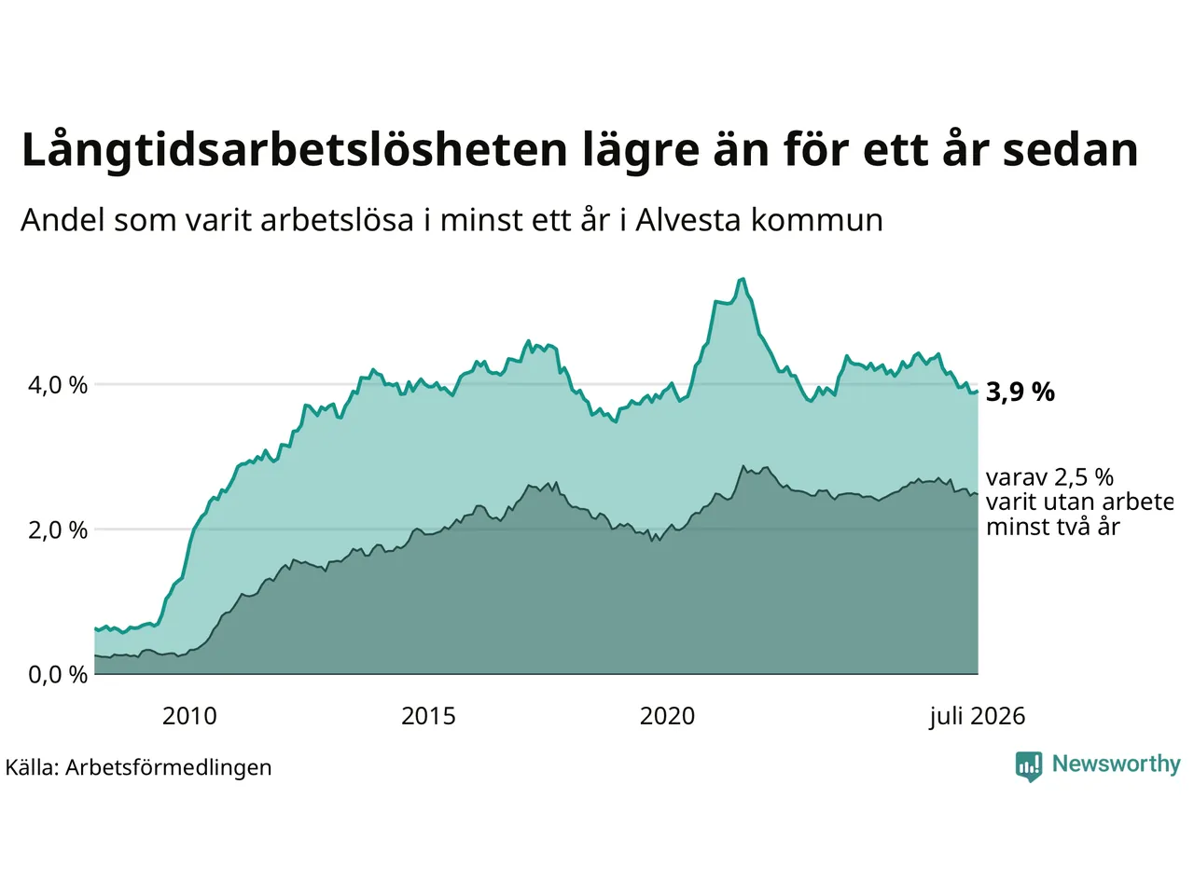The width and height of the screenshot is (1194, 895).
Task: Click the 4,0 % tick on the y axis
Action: pyautogui.click(x=58, y=385)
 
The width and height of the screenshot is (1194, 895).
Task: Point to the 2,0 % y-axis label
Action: pyautogui.click(x=58, y=530)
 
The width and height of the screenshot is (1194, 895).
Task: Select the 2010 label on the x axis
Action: pyautogui.click(x=189, y=716)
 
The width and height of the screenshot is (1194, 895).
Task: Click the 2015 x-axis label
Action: pyautogui.click(x=428, y=716)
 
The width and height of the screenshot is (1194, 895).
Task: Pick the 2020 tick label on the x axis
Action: pyautogui.click(x=667, y=716)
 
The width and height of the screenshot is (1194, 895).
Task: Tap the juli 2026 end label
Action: pyautogui.click(x=977, y=717)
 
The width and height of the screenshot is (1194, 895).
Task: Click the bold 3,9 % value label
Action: pyautogui.click(x=1020, y=392)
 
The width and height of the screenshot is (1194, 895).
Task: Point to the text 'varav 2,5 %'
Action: pyautogui.click(x=1049, y=477)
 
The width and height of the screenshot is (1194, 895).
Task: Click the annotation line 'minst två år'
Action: pyautogui.click(x=1052, y=527)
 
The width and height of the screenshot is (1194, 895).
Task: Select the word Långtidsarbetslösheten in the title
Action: pyautogui.click(x=294, y=150)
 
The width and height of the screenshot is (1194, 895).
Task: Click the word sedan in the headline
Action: pyautogui.click(x=1070, y=150)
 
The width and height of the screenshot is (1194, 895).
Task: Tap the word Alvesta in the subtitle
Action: pyautogui.click(x=688, y=220)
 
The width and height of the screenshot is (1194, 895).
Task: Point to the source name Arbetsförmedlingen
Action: pyautogui.click(x=168, y=767)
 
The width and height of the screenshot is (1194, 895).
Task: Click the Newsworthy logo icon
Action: pyautogui.click(x=1029, y=766)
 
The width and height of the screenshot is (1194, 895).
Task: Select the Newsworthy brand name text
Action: pyautogui.click(x=1116, y=764)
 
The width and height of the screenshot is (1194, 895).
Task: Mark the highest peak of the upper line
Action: pyautogui.click(x=743, y=280)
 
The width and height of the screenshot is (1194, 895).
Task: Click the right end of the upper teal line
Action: pyautogui.click(x=978, y=391)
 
